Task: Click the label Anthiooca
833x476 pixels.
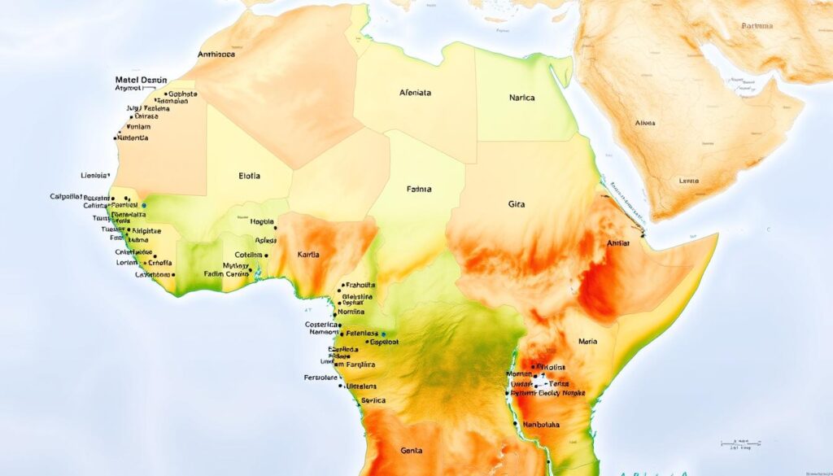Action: click(x=216, y=55)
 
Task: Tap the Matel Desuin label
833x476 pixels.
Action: click(x=141, y=80)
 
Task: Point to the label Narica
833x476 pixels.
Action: click(x=521, y=98)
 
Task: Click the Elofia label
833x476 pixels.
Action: click(x=251, y=174)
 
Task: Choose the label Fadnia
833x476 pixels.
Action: click(x=418, y=189)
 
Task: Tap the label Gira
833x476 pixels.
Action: click(x=517, y=205)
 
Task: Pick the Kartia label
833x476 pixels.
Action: click(x=308, y=255)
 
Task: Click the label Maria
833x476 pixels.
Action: click(x=587, y=342)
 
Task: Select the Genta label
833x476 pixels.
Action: click(x=412, y=450)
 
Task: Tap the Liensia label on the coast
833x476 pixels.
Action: click(x=95, y=175)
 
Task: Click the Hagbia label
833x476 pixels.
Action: click(x=261, y=221)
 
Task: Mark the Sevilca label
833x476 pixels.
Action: click(x=373, y=400)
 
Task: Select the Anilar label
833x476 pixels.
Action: click(x=618, y=243)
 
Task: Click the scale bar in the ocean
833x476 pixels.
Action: click(x=740, y=443)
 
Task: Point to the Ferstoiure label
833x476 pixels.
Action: click(x=321, y=378)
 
